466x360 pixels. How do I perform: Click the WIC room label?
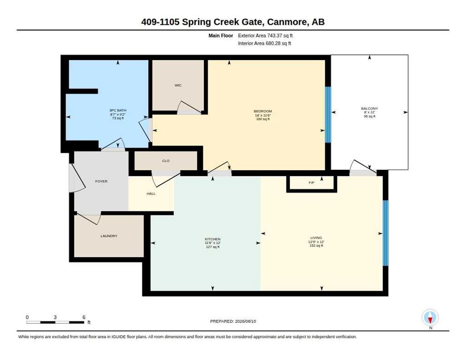click(178, 85)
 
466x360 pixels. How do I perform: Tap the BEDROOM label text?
click(263, 111)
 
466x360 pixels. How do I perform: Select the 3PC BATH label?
click(118, 110)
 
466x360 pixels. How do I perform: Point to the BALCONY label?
click(369, 108)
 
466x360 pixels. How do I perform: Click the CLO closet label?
click(166, 161)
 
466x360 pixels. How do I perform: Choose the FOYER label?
click(101, 181)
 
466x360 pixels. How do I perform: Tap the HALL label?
click(151, 194)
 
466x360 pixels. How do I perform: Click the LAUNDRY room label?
click(109, 236)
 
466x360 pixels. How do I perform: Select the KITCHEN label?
click(213, 239)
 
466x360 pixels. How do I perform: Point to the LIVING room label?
click(316, 238)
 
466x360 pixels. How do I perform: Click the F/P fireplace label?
click(311, 182)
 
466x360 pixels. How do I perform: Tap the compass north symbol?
click(430, 318)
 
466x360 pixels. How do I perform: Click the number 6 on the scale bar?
click(84, 317)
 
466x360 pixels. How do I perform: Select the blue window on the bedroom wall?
click(328, 115)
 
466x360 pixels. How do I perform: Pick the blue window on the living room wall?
click(385, 233)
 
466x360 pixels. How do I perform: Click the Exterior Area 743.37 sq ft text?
click(265, 36)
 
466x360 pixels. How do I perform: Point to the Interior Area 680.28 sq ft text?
click(264, 44)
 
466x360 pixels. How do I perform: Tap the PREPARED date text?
click(233, 322)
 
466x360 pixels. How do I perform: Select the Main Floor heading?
click(221, 36)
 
